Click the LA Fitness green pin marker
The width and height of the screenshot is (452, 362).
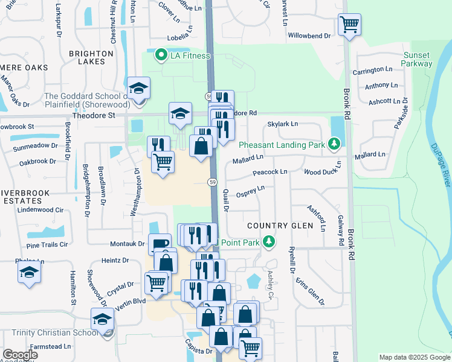[161, 56]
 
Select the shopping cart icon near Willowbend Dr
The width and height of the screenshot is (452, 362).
[349, 25]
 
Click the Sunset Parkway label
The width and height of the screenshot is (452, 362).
[418, 59]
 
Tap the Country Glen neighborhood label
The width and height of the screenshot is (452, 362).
[280, 226]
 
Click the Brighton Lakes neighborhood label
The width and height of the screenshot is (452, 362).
[91, 58]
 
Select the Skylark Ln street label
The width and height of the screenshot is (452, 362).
[283, 124]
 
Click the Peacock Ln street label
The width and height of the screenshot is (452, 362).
[270, 172]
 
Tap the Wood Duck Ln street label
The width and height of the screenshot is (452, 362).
[323, 172]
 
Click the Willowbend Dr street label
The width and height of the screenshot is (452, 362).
[309, 36]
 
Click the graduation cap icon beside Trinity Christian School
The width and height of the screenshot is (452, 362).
[102, 319]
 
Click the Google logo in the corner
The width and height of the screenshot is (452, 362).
[20, 355]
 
